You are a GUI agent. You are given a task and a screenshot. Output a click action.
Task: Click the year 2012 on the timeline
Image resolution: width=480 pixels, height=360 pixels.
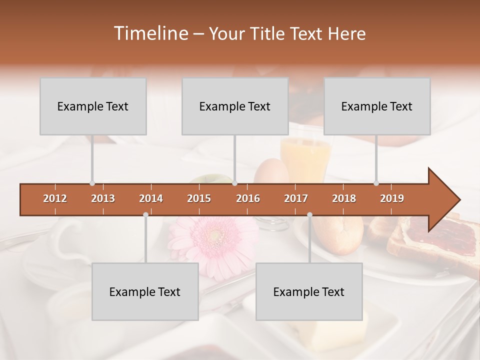pyautogui.click(x=55, y=198)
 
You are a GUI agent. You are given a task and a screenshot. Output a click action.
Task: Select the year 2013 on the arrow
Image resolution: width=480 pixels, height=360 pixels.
pyautogui.click(x=103, y=198)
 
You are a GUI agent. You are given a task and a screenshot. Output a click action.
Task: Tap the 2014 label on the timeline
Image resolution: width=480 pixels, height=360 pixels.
pyautogui.click(x=151, y=198)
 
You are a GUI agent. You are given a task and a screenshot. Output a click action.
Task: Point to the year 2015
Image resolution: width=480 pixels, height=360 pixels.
pyautogui.click(x=199, y=198)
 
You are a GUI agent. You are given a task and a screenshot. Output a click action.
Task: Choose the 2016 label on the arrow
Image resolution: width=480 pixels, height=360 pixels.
pyautogui.click(x=248, y=198)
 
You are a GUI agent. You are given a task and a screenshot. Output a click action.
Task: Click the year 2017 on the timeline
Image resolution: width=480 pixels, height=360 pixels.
pyautogui.click(x=296, y=198)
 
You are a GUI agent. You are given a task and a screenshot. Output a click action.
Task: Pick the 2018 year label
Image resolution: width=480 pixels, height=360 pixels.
pyautogui.click(x=344, y=198)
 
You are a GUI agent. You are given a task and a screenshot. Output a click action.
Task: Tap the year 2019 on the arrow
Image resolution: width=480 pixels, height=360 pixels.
pyautogui.click(x=392, y=198)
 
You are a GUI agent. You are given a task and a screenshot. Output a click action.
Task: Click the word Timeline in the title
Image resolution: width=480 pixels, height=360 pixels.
pyautogui.click(x=150, y=33)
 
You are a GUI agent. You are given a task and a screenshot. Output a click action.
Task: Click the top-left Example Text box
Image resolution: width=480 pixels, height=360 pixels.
pyautogui.click(x=93, y=106)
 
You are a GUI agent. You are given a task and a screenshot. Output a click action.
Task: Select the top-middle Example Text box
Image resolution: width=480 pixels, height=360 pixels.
pyautogui.click(x=235, y=106)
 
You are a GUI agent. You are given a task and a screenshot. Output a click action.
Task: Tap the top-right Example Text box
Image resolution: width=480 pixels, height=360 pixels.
pyautogui.click(x=377, y=106)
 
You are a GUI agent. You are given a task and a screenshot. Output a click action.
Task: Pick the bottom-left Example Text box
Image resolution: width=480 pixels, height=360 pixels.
pyautogui.click(x=145, y=291)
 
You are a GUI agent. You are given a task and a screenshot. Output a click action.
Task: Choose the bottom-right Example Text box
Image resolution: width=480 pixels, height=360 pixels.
pyautogui.click(x=309, y=291)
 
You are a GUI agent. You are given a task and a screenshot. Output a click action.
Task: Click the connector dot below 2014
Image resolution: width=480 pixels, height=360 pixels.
pyautogui.click(x=145, y=214)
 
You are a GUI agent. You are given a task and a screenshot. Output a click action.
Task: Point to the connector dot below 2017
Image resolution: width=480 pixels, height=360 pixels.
pyautogui.click(x=309, y=214)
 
